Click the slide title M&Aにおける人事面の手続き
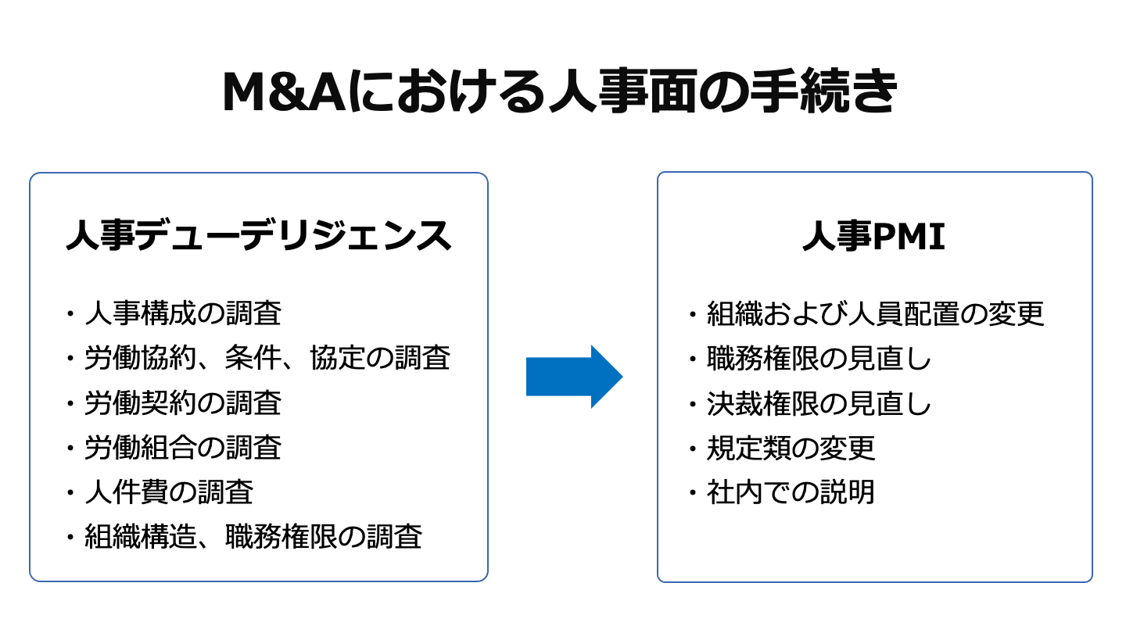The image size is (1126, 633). tap(560, 93)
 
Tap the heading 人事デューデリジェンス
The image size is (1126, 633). tap(259, 235)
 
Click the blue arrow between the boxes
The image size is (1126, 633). tap(574, 377)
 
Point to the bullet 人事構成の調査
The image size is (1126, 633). tap(183, 313)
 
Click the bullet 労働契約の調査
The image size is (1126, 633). tap(183, 403)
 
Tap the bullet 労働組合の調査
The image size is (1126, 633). tap(183, 448)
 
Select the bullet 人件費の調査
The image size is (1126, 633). tap(169, 492)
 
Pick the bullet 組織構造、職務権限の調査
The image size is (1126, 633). tap(253, 538)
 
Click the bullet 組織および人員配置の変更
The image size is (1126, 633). tap(875, 313)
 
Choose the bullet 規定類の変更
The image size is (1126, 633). tap(791, 448)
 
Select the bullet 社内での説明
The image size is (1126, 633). tap(791, 492)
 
